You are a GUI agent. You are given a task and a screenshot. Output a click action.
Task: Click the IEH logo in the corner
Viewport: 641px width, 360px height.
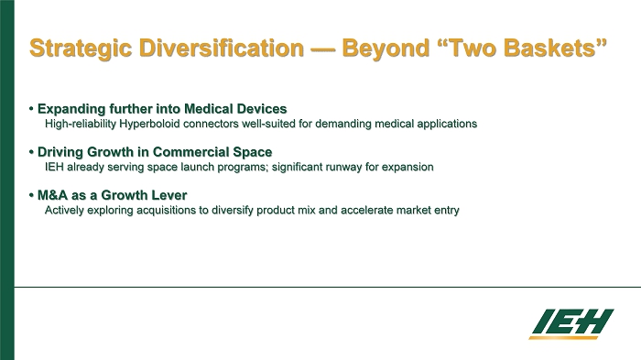[x=571, y=324]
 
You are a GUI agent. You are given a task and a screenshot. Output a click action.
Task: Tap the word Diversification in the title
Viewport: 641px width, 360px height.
[x=222, y=48]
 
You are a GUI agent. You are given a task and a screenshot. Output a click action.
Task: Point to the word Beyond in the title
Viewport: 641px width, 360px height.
[x=386, y=49]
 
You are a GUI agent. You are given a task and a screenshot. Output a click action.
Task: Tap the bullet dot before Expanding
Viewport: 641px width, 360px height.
[x=31, y=109]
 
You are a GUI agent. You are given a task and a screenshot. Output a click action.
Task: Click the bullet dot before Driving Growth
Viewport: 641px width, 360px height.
[x=31, y=152]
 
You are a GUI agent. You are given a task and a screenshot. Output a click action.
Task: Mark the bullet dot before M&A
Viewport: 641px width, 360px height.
[x=31, y=195]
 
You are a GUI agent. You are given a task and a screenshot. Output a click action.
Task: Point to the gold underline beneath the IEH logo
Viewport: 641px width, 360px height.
[x=563, y=338]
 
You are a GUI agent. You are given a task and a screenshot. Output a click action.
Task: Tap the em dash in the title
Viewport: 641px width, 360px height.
[x=323, y=49]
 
